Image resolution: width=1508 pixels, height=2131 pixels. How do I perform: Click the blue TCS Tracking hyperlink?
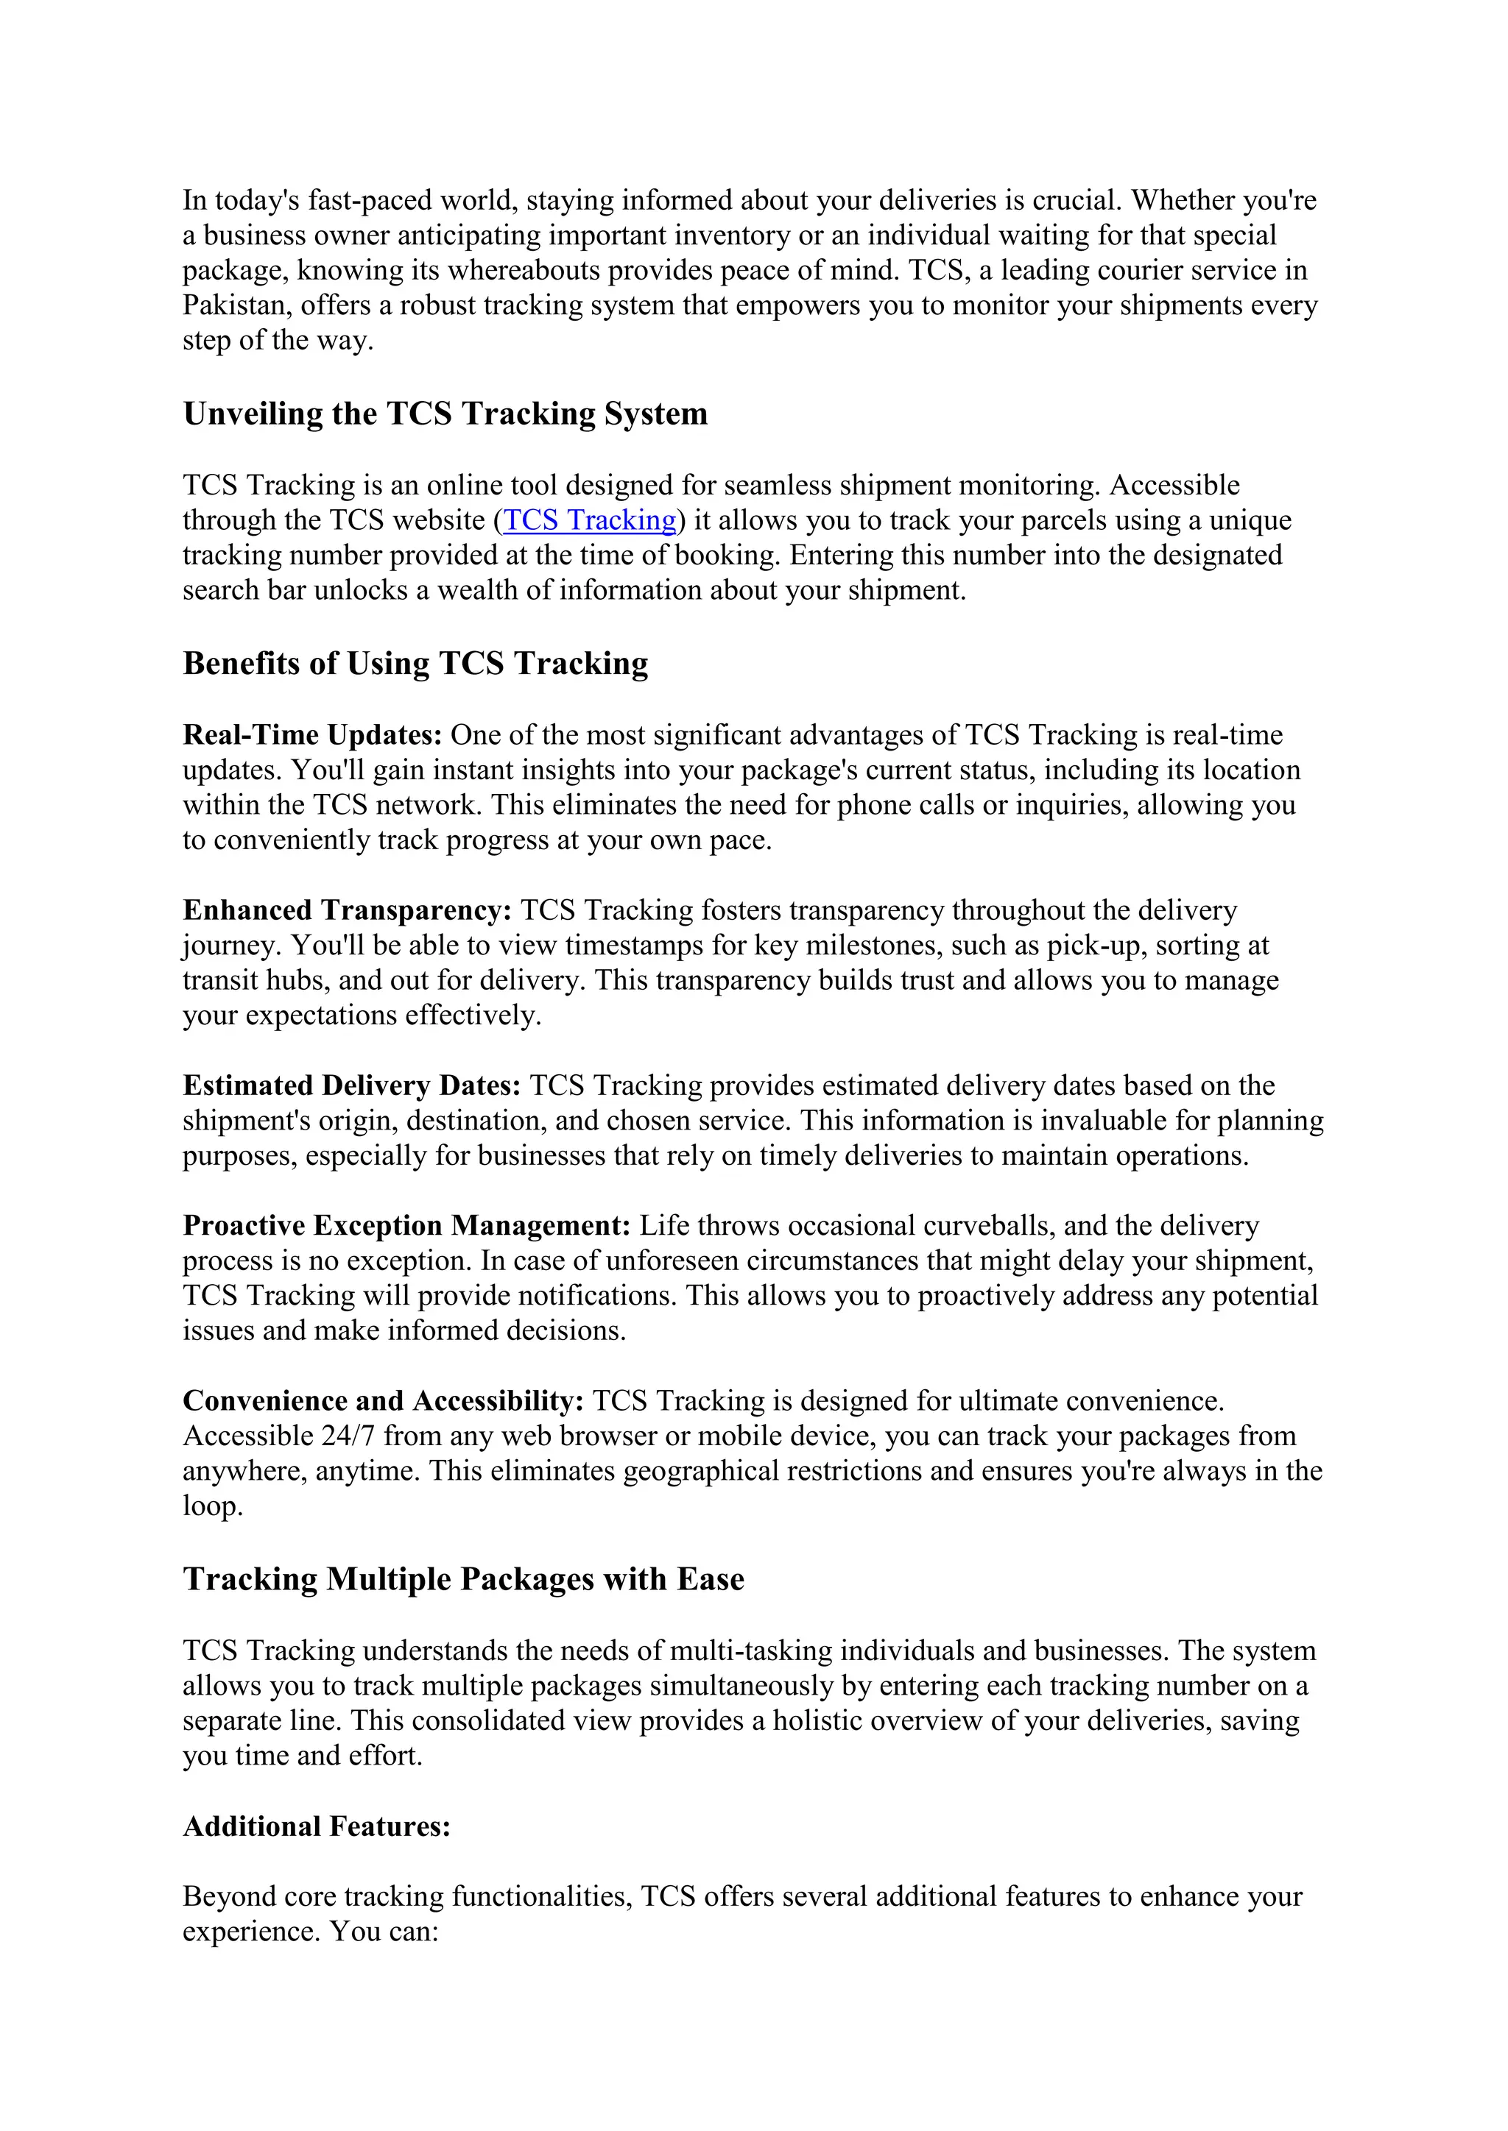coord(589,521)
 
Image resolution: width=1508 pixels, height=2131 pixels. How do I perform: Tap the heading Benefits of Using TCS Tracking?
coord(415,664)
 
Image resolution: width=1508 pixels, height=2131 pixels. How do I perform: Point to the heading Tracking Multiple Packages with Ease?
coord(463,1579)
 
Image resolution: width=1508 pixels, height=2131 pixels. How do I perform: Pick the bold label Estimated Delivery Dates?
coord(352,1086)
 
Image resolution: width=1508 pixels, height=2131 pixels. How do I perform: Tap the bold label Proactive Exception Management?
coord(406,1226)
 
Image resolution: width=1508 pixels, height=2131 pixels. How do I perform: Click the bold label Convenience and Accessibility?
coord(383,1400)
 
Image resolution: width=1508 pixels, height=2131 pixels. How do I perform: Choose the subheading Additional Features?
coord(317,1826)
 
